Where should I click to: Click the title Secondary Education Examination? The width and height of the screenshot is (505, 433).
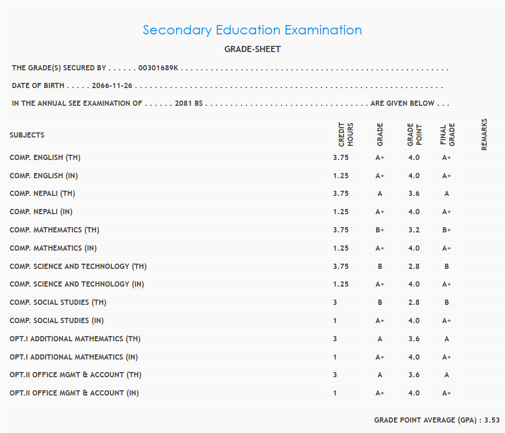tap(252, 30)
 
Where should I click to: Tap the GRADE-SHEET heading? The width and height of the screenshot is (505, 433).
tap(252, 50)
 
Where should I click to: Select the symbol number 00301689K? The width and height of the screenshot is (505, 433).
tap(158, 68)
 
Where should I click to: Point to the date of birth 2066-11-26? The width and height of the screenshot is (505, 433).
tap(112, 86)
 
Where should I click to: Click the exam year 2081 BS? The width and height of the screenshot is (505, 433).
tap(189, 103)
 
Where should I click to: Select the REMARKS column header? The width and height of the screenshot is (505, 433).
tap(484, 134)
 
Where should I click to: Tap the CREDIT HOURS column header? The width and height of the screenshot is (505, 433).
tap(346, 134)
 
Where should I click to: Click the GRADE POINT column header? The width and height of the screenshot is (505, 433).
tap(414, 134)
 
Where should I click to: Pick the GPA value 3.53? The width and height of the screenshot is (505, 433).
tap(492, 420)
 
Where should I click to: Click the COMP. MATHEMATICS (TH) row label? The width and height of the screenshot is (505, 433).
tap(54, 230)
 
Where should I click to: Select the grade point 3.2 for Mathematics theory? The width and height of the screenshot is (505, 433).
tap(414, 230)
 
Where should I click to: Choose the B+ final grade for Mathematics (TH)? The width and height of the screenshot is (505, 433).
tap(447, 230)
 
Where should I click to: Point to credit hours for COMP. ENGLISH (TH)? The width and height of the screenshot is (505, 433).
tap(341, 157)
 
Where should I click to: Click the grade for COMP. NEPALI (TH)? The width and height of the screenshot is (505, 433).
tap(380, 194)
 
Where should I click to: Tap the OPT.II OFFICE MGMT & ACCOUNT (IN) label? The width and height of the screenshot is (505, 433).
tap(74, 393)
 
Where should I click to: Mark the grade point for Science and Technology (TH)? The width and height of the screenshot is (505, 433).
tap(414, 266)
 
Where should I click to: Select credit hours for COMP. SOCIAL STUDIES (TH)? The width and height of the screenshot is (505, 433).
tap(335, 302)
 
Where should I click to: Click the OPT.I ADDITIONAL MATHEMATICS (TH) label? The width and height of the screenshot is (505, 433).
tap(75, 339)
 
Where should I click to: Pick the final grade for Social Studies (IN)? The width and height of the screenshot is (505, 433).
tap(447, 320)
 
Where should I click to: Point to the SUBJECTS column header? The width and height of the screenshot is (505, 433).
tap(27, 135)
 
